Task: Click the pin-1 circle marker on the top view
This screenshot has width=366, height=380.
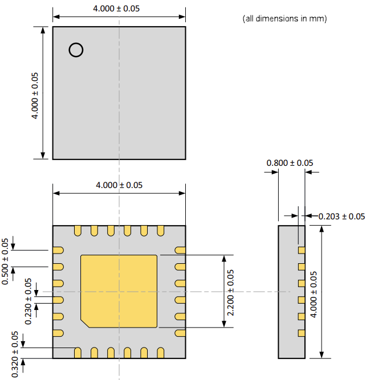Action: click(75, 50)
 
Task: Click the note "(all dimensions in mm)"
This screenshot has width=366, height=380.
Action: click(284, 19)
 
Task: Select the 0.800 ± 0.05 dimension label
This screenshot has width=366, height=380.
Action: click(290, 163)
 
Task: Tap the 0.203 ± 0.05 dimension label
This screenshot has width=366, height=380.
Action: click(341, 216)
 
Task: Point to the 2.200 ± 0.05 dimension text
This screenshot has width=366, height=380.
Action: click(230, 291)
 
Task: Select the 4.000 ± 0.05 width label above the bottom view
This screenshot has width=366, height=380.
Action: click(119, 185)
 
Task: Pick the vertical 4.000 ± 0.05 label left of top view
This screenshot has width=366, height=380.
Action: click(35, 95)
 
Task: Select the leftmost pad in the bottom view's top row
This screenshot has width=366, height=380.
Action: click(77, 230)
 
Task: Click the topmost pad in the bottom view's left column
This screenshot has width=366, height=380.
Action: click(58, 250)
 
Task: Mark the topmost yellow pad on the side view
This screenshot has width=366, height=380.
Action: click(302, 250)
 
